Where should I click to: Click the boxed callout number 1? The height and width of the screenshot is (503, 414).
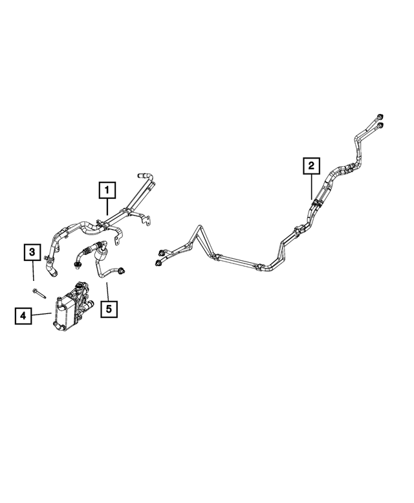tap(107, 190)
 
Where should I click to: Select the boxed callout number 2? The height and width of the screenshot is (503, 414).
tap(311, 166)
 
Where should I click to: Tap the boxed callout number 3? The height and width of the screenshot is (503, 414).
tap(32, 252)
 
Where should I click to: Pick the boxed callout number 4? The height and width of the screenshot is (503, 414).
tap(23, 316)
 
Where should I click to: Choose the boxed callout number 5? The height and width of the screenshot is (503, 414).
tap(109, 309)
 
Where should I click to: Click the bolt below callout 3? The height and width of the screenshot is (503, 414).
tap(39, 293)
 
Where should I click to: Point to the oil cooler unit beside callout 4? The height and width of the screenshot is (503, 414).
tap(72, 307)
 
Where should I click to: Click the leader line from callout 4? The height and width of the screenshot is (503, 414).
tap(41, 314)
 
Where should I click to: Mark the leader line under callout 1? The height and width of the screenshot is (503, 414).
tap(107, 207)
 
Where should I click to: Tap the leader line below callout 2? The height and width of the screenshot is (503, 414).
tap(311, 186)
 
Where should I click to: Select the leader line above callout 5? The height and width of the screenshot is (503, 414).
tap(107, 291)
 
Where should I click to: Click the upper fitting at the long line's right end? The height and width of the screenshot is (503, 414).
tap(380, 117)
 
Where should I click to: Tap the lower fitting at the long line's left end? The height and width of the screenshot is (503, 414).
tap(158, 263)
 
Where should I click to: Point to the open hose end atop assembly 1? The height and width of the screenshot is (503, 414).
tap(141, 175)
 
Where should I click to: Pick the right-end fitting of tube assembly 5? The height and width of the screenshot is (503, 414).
tap(122, 271)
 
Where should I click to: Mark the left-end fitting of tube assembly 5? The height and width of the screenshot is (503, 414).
tap(77, 264)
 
